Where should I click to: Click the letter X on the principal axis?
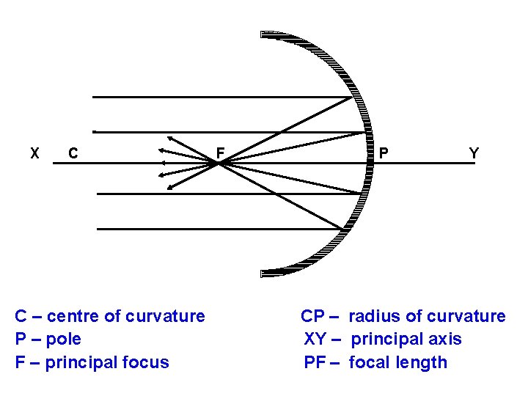coord(34,153)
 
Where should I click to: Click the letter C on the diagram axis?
coord(73,153)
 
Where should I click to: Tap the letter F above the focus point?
coord(219,153)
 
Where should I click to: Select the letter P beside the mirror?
coord(384,153)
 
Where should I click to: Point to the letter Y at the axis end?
coord(474,153)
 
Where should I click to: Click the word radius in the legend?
coord(374,317)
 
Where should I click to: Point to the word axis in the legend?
coord(445,340)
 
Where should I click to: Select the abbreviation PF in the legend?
coord(315,362)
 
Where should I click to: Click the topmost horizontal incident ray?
coord(220,97)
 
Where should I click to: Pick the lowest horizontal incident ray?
coord(220,229)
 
